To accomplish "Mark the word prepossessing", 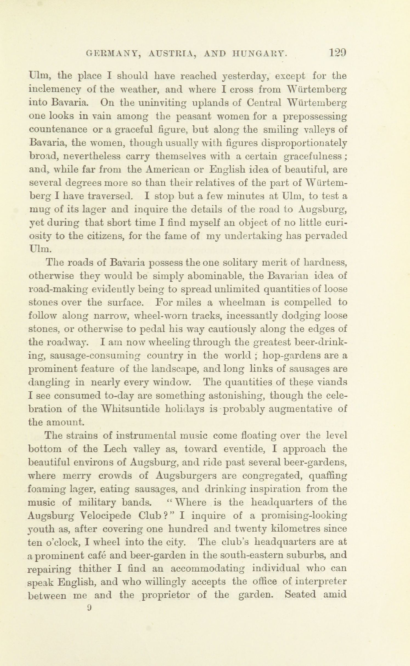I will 315,117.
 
